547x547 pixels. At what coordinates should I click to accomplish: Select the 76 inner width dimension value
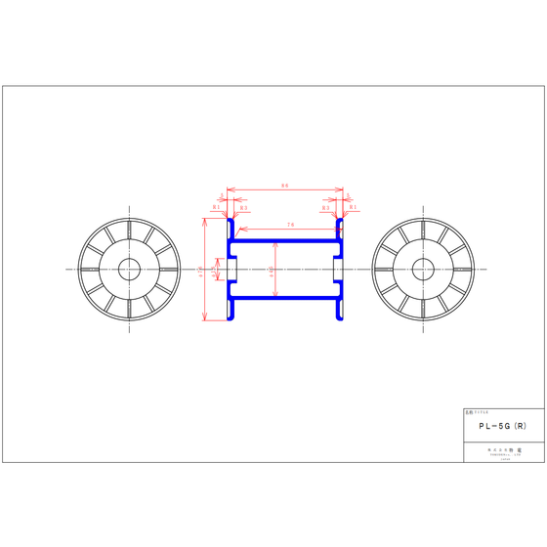pyautogui.click(x=291, y=225)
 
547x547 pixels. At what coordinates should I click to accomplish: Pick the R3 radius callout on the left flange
pyautogui.click(x=243, y=208)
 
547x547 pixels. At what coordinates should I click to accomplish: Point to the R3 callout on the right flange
pyautogui.click(x=326, y=208)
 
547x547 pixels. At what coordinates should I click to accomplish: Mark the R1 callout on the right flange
pyautogui.click(x=354, y=208)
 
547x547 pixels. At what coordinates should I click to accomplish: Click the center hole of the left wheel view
pyautogui.click(x=127, y=269)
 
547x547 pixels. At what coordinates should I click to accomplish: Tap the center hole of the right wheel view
pyautogui.click(x=423, y=269)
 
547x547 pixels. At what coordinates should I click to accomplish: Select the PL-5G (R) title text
pyautogui.click(x=497, y=427)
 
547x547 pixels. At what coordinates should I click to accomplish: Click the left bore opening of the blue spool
pyautogui.click(x=233, y=269)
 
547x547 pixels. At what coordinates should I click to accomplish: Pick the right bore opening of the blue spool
pyautogui.click(x=336, y=269)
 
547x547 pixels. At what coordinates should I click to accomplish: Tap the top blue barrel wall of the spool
pyautogui.click(x=284, y=238)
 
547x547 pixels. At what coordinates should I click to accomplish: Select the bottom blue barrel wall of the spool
pyautogui.click(x=284, y=299)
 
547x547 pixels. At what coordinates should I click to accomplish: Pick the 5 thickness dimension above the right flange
pyautogui.click(x=348, y=196)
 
